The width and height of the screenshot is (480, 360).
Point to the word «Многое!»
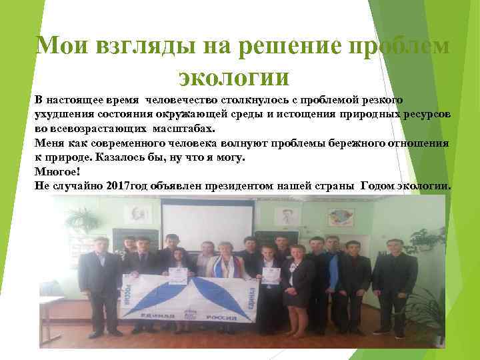pos(57,171)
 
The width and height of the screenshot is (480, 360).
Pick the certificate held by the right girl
pos(271,275)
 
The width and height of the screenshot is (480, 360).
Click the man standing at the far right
pos(395,280)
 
